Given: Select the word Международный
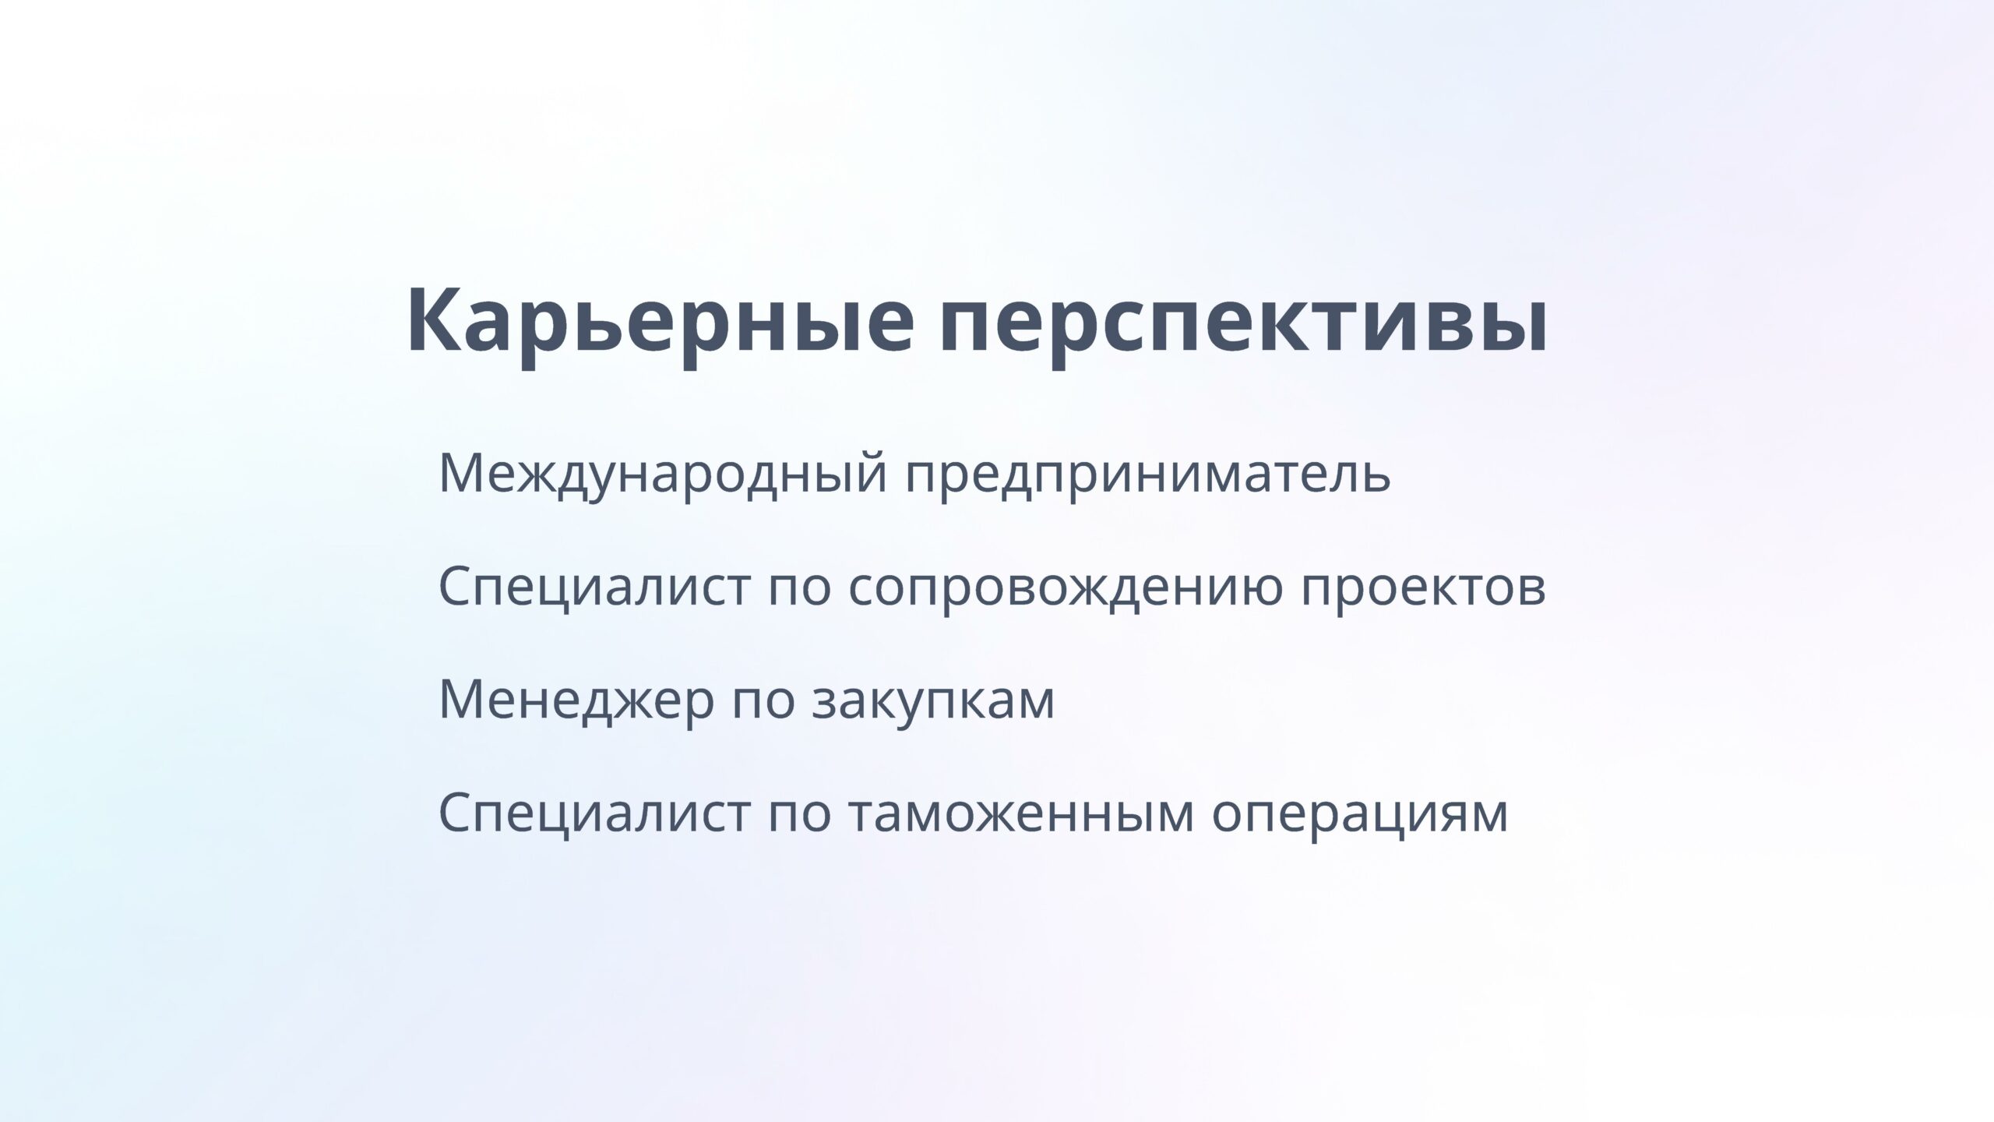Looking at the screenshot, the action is point(663,474).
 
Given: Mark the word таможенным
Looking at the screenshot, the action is point(1020,813).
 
